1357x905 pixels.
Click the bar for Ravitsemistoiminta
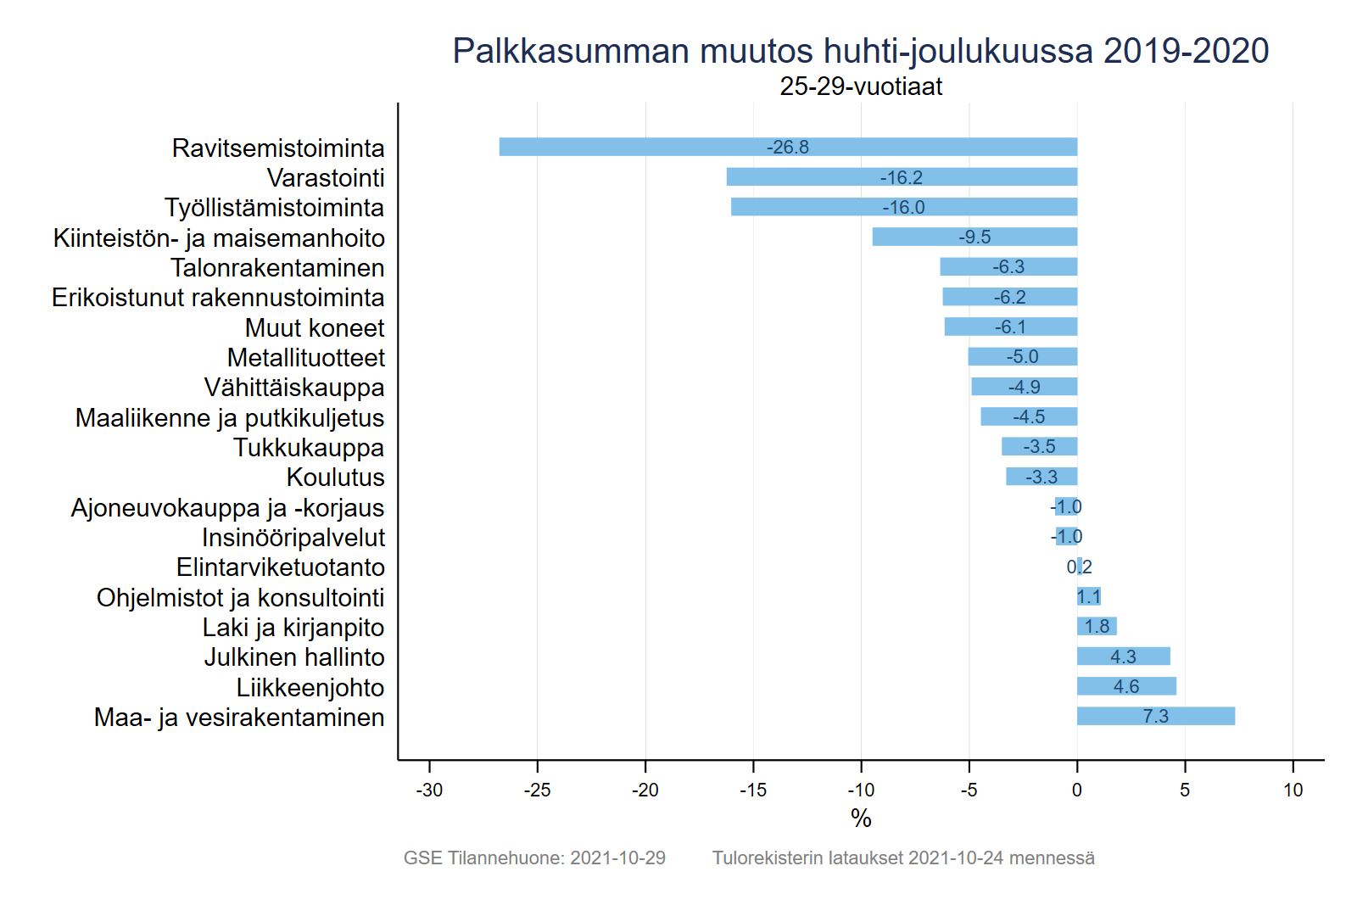tap(788, 147)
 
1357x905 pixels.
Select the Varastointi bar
tap(902, 177)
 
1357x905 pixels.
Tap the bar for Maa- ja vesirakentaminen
tap(1155, 716)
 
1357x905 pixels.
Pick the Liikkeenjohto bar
tap(1126, 686)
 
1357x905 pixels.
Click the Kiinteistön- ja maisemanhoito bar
tap(974, 237)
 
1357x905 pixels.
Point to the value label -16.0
tap(903, 207)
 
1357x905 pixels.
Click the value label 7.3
tap(1155, 717)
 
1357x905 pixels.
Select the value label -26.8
tap(788, 148)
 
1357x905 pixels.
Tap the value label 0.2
tap(1079, 567)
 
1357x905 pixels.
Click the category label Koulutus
tap(335, 478)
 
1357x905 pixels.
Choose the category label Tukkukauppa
tap(309, 448)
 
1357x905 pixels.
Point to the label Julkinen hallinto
tap(294, 657)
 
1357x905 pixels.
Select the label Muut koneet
tap(315, 328)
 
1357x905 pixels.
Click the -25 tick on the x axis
tap(537, 790)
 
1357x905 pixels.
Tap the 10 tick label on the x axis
tap(1293, 790)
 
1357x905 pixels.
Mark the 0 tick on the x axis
tap(1077, 790)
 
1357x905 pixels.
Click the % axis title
tap(861, 818)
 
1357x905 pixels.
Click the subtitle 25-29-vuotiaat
tap(861, 87)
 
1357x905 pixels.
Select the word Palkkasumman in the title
tap(571, 51)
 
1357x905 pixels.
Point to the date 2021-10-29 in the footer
tap(617, 858)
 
